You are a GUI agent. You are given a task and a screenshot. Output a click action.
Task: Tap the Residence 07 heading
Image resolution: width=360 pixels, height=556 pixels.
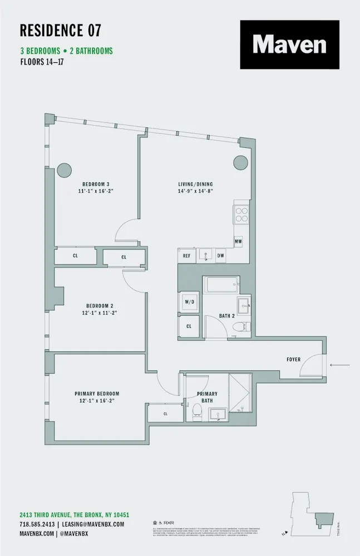(x=60, y=30)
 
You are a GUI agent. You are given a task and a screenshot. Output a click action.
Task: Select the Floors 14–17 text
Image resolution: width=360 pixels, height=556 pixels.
(x=43, y=62)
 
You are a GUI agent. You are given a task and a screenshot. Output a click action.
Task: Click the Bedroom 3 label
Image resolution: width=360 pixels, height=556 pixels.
(x=96, y=184)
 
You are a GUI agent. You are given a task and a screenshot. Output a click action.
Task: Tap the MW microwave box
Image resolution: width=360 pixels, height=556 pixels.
(x=238, y=241)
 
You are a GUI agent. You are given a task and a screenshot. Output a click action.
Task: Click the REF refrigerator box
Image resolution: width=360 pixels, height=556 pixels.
(x=186, y=256)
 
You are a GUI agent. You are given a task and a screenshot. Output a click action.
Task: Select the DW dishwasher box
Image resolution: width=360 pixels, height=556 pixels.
(x=220, y=256)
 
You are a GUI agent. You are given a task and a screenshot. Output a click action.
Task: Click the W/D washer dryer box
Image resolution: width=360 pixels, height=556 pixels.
(x=188, y=302)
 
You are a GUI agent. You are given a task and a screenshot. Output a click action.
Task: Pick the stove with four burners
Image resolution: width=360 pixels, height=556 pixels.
(x=241, y=214)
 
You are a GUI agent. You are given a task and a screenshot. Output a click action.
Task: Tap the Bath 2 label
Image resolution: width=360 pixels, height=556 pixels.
(x=226, y=316)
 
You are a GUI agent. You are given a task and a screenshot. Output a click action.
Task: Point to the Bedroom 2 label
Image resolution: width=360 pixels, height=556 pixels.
(x=100, y=305)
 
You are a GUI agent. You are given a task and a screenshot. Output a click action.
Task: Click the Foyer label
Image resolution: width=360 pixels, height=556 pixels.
(x=293, y=359)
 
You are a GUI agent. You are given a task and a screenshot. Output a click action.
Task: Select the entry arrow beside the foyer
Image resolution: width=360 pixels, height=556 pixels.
(x=339, y=365)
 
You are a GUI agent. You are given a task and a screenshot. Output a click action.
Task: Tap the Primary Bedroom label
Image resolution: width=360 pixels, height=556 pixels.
(x=97, y=394)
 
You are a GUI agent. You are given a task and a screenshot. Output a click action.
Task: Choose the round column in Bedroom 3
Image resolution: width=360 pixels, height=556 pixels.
(x=63, y=169)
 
